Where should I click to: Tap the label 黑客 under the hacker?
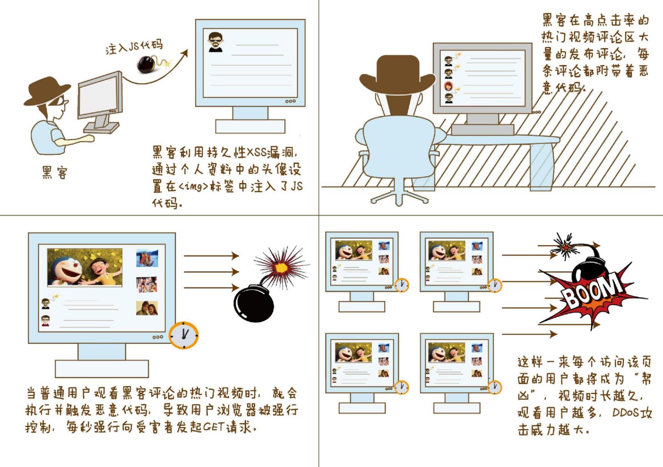pos(55,172)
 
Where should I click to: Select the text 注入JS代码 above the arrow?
pos(134,46)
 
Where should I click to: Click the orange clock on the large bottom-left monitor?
pos(183,335)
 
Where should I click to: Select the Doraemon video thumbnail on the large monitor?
pos(85,267)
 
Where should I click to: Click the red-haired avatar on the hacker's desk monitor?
pos(448,86)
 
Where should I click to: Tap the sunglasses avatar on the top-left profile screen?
pos(216,41)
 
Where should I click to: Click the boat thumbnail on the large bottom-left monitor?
pos(147,258)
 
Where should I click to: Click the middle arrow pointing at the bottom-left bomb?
pos(212,272)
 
